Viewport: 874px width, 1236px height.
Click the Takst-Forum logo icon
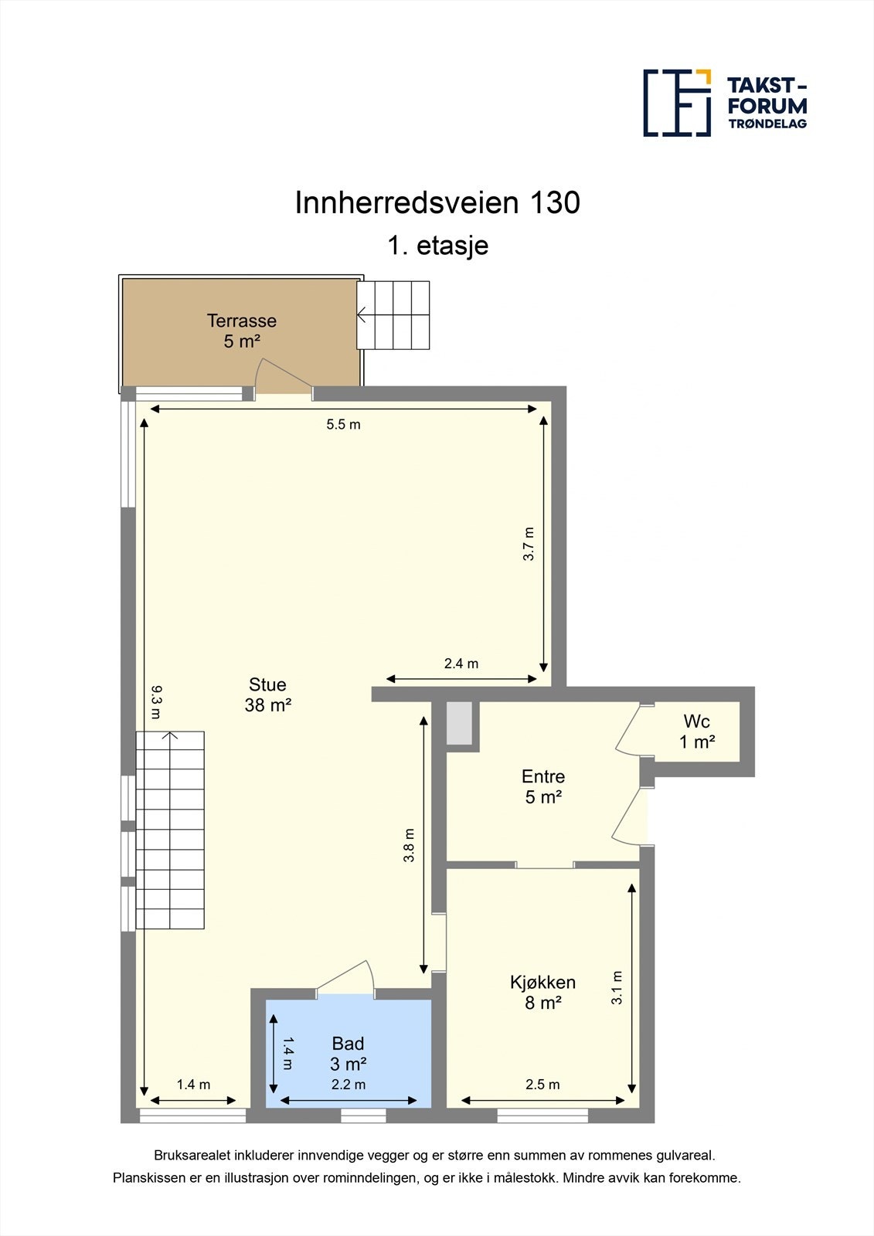(677, 103)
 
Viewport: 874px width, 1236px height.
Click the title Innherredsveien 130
(437, 202)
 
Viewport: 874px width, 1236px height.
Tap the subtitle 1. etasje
(437, 246)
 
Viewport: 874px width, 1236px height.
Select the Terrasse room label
(241, 331)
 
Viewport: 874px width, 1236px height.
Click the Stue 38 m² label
(267, 694)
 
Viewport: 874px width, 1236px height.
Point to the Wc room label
(696, 732)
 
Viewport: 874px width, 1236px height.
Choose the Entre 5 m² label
(543, 786)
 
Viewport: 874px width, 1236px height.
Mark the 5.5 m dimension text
(343, 424)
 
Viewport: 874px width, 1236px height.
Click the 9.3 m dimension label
(156, 702)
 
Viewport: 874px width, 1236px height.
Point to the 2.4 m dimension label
(461, 664)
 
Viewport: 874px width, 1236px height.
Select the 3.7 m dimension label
(529, 544)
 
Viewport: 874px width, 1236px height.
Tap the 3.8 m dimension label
(410, 845)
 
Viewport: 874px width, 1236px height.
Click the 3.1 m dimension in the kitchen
(617, 987)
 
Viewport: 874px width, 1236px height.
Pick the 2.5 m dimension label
(542, 1085)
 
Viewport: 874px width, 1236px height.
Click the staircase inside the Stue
(170, 830)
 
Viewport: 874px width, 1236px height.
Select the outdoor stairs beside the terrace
(393, 315)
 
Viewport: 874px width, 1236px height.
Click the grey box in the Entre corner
(459, 724)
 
